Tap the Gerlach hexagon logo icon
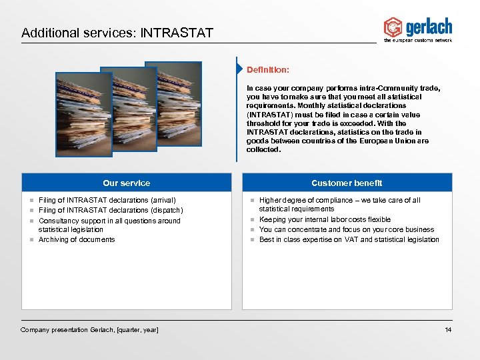pos(393,27)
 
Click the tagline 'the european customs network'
pos(418,41)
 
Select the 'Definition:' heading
pos(267,69)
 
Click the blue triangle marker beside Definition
pos(239,69)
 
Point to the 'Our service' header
pos(126,183)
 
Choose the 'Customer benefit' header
pos(347,183)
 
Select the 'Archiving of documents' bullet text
pos(77,239)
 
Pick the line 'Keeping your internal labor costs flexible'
pos(325,219)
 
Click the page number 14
pos(448,330)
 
